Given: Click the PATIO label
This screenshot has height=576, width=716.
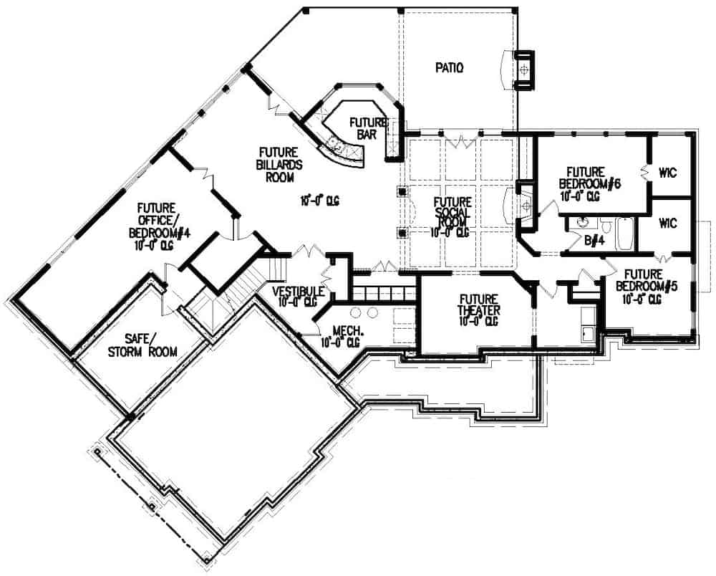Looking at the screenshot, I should point(450,68).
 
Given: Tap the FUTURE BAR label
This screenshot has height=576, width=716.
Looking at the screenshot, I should point(368,128).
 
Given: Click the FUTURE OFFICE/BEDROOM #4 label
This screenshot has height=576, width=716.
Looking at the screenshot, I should point(150,226).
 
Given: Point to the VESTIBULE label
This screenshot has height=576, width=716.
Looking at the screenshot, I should point(299,296).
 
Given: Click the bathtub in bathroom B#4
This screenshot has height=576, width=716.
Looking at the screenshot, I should point(624,234).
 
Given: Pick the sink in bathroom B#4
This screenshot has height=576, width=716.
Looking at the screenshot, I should point(581,222).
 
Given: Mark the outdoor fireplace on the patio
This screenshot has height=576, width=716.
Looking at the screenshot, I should point(526,69).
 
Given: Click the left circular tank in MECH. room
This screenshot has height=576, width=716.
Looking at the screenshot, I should point(355,312).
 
